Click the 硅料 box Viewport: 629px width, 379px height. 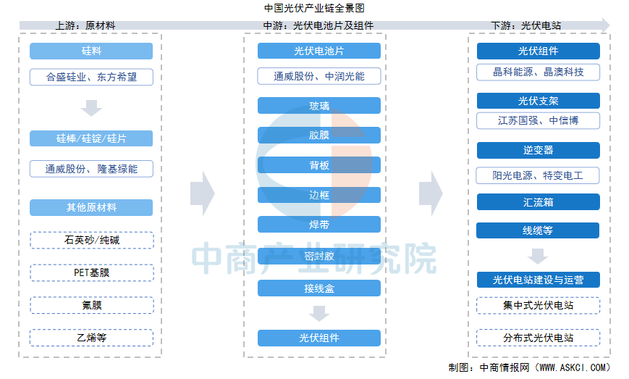click(x=91, y=51)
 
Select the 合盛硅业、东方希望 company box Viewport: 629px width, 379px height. click(x=91, y=77)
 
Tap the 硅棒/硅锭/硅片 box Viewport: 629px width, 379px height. click(x=91, y=138)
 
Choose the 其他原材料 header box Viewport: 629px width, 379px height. click(x=91, y=207)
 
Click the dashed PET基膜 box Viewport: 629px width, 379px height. click(x=91, y=272)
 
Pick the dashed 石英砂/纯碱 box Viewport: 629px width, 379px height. click(x=91, y=240)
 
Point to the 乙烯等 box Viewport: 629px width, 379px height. click(x=91, y=338)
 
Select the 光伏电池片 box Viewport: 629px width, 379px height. click(x=319, y=51)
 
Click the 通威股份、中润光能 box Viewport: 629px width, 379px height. click(x=319, y=76)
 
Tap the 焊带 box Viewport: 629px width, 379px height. click(x=319, y=225)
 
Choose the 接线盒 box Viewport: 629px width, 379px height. click(x=319, y=288)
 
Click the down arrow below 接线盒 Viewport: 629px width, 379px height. click(x=319, y=314)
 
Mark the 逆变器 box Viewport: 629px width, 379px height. click(x=538, y=151)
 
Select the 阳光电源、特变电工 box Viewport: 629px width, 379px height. click(x=538, y=175)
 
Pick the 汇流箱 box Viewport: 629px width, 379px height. click(x=538, y=202)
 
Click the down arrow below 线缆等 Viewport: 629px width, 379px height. click(x=538, y=256)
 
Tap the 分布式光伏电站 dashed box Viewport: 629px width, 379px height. click(x=538, y=338)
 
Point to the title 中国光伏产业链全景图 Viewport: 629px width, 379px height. click(x=314, y=8)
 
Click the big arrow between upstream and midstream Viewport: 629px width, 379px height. click(x=203, y=193)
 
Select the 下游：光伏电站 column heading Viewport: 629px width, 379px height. click(x=526, y=25)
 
